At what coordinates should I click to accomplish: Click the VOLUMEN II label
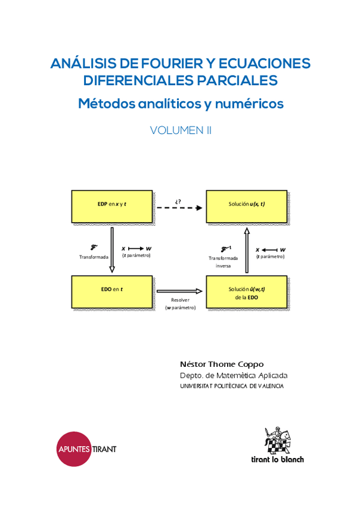181,130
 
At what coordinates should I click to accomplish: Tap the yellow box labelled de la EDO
247,292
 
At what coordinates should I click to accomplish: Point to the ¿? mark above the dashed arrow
178,199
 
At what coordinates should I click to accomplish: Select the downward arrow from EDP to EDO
111,247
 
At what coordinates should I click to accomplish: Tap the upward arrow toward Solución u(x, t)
247,247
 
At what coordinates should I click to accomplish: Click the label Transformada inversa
223,262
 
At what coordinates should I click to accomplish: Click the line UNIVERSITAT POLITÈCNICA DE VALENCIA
232,386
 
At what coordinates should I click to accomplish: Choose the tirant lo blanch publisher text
276,459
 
